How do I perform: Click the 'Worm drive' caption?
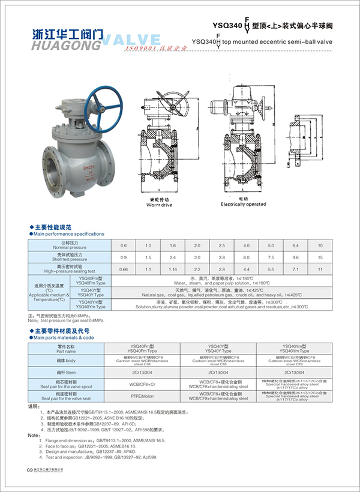[159, 205]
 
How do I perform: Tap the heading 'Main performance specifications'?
[69, 233]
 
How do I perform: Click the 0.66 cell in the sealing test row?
[124, 269]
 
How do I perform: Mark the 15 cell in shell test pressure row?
[320, 257]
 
